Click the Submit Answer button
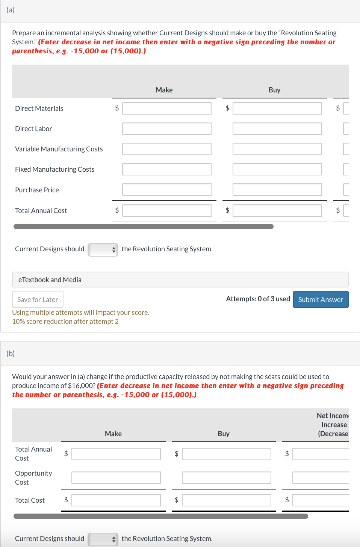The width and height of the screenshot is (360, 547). [x=321, y=299]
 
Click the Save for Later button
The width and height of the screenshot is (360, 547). [x=38, y=299]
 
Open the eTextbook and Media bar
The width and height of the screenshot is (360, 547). [x=180, y=280]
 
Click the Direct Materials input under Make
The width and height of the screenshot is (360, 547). [x=166, y=108]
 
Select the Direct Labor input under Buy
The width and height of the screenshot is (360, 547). [x=277, y=128]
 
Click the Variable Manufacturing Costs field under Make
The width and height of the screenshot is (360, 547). [x=166, y=149]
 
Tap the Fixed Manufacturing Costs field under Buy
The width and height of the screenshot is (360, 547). [x=277, y=169]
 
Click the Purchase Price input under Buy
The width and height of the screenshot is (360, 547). [x=277, y=189]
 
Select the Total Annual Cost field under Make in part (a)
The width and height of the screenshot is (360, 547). [x=166, y=210]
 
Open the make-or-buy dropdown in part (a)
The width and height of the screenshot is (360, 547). [x=103, y=249]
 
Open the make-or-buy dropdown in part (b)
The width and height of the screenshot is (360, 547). [x=103, y=539]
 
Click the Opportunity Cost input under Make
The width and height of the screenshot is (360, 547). [x=116, y=477]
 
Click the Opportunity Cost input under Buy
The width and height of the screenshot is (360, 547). [x=226, y=477]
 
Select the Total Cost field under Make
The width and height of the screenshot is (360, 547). [x=116, y=500]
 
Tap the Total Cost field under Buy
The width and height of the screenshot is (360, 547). [x=226, y=500]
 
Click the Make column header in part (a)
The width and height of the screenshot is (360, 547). [x=164, y=90]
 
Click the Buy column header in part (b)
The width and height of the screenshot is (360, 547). [x=224, y=434]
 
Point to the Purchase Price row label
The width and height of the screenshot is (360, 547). [x=37, y=190]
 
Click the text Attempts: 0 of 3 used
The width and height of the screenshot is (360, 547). [x=258, y=299]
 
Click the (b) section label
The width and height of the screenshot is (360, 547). [x=11, y=353]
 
